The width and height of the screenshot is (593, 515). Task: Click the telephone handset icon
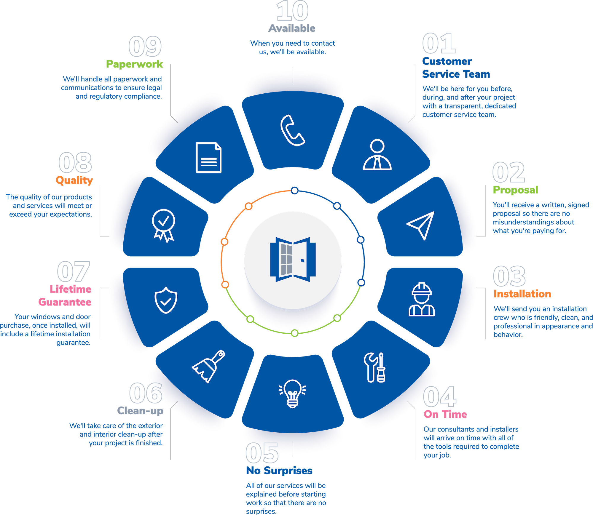pyautogui.click(x=292, y=131)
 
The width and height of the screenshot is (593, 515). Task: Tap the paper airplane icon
pyautogui.click(x=421, y=225)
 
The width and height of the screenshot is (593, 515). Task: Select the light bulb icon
pyautogui.click(x=292, y=394)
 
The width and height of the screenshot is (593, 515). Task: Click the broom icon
pyautogui.click(x=209, y=366)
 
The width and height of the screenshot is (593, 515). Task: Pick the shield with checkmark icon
pyautogui.click(x=166, y=300)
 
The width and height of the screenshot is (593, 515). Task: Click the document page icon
pyautogui.click(x=209, y=157)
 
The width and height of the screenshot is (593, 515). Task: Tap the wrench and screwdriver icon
pyautogui.click(x=375, y=367)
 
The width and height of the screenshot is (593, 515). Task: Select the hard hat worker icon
pyautogui.click(x=422, y=300)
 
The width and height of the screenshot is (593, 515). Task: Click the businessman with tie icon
pyautogui.click(x=377, y=155)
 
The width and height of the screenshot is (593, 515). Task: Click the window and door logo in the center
pyautogui.click(x=293, y=260)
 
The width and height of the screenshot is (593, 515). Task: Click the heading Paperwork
pyautogui.click(x=135, y=64)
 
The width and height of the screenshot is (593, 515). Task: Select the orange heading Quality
pyautogui.click(x=74, y=180)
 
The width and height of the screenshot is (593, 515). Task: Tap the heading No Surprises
pyautogui.click(x=279, y=471)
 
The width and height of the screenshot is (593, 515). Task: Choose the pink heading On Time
pyautogui.click(x=445, y=414)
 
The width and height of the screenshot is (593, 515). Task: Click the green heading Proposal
pyautogui.click(x=515, y=190)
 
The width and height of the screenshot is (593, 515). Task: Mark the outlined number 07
pyautogui.click(x=73, y=272)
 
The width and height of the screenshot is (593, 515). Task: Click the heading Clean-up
pyautogui.click(x=140, y=411)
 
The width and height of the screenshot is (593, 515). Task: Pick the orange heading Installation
pyautogui.click(x=522, y=294)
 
